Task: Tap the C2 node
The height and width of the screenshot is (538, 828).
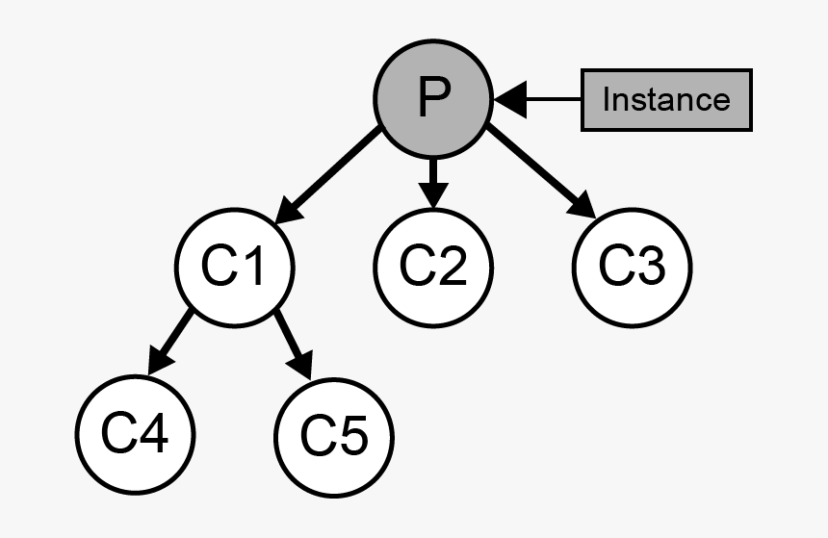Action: [x=433, y=267]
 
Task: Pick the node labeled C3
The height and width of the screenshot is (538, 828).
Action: [x=632, y=267]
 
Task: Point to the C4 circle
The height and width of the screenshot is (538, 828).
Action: [x=137, y=435]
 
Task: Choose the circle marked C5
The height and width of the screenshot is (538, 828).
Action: [x=334, y=435]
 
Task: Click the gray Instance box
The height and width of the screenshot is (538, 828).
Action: [x=666, y=99]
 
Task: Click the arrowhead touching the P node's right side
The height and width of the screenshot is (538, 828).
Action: [x=509, y=98]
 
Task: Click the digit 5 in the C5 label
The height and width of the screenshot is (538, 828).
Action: [x=352, y=436]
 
